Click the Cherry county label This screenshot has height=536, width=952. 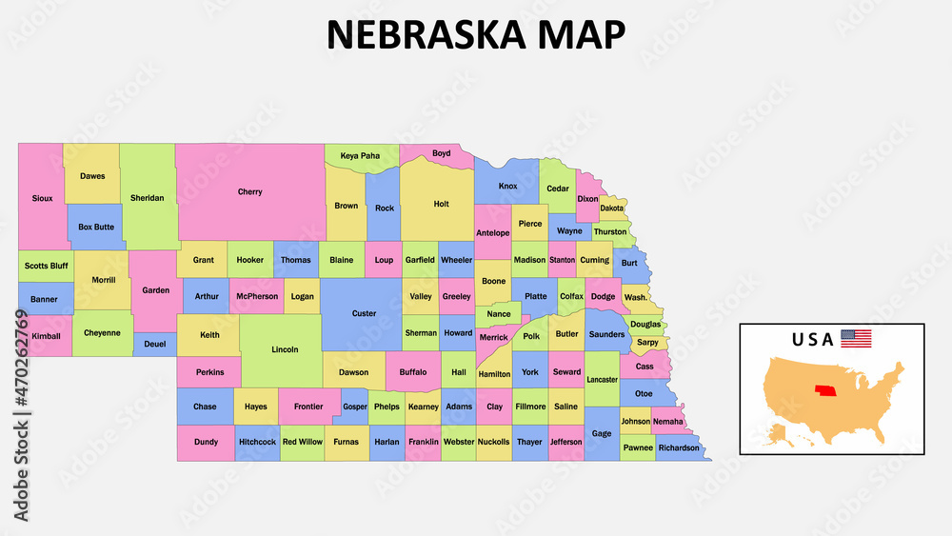click(249, 192)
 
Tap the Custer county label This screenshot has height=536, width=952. click(364, 313)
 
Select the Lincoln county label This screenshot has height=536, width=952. click(285, 349)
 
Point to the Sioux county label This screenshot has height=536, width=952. click(42, 199)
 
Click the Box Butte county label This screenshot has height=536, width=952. click(96, 227)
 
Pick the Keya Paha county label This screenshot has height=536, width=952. click(360, 155)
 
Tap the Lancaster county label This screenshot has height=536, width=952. click(602, 379)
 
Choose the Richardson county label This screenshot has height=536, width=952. click(678, 447)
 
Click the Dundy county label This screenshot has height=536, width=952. click(206, 442)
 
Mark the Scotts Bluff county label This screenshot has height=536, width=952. click(45, 266)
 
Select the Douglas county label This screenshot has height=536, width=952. click(645, 325)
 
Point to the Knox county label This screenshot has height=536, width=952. click(507, 186)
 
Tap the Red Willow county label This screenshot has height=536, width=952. click(303, 442)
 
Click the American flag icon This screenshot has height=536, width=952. click(855, 338)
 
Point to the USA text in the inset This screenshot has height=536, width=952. click(812, 339)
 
